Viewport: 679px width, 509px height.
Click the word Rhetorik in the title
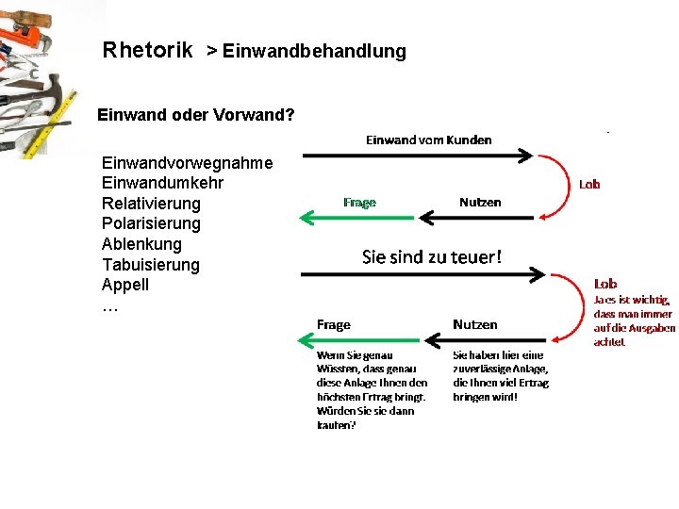pos(148,49)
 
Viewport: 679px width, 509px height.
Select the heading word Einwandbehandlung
pos(314,51)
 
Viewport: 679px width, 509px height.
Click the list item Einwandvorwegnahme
pos(187,163)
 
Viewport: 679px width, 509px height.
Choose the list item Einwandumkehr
pos(162,183)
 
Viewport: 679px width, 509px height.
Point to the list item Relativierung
pos(151,204)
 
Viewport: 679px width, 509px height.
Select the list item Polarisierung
pos(151,223)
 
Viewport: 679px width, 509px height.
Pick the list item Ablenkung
pos(141,244)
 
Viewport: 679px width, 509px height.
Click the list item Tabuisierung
pos(151,265)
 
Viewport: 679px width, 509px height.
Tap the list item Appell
pos(125,285)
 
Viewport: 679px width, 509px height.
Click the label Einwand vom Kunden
pos(428,140)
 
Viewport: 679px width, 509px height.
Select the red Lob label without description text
pos(589,185)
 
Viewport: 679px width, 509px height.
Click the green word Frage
pos(359,202)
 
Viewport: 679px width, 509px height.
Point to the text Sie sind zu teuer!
pos(432,256)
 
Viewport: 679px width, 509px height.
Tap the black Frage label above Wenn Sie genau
pos(334,324)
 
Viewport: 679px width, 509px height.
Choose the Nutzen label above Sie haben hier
pos(474,324)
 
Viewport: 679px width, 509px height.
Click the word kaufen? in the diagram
pos(336,425)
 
